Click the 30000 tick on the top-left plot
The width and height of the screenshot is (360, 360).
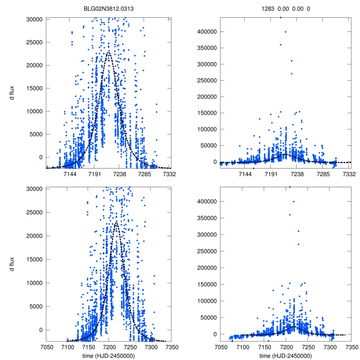35,19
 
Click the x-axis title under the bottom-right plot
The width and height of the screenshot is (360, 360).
285,355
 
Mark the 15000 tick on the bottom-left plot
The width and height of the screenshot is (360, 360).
35,259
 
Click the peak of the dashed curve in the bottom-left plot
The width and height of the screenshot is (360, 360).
116,222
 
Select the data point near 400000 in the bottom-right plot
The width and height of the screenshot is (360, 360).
294,201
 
